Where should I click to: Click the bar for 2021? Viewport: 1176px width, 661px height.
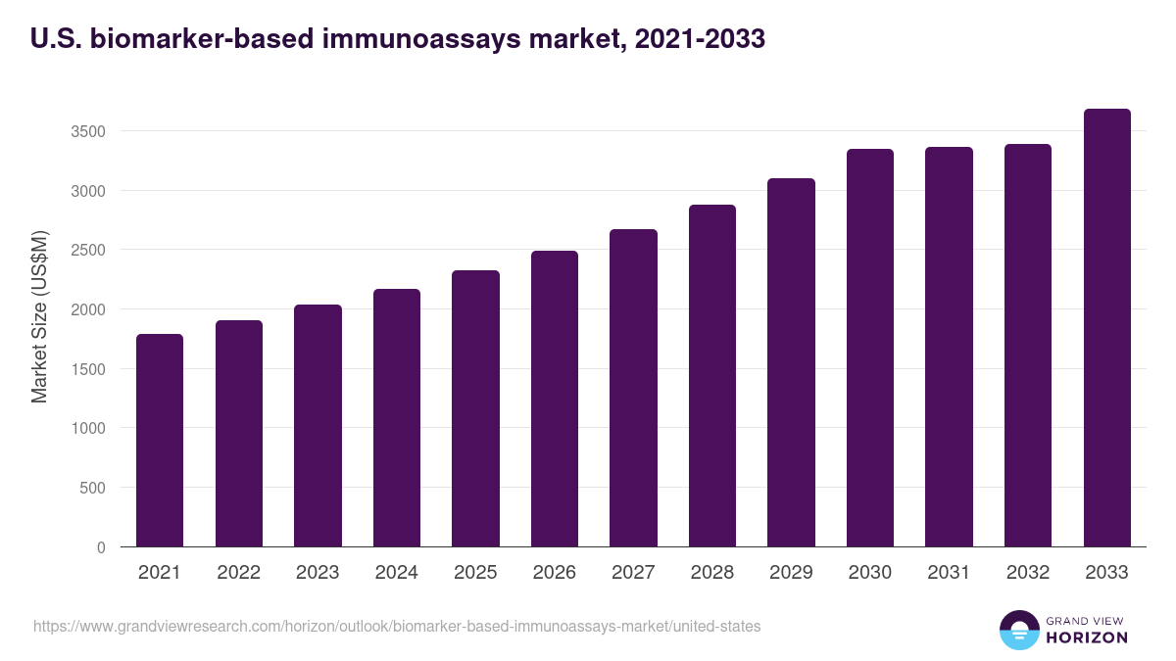[x=160, y=441]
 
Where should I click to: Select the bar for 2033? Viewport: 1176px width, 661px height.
[x=1107, y=328]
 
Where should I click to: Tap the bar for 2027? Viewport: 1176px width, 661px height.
[x=633, y=388]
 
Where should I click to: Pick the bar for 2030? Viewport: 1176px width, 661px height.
[x=870, y=348]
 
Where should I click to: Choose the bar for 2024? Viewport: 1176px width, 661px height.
[x=397, y=418]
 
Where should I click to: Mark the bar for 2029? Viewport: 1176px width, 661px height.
[x=791, y=362]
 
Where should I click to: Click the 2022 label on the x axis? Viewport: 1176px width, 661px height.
[x=238, y=573]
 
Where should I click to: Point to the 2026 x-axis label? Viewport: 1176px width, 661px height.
[x=555, y=573]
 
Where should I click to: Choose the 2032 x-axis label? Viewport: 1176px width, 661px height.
[x=1028, y=573]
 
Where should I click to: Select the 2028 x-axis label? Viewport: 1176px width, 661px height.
[x=712, y=573]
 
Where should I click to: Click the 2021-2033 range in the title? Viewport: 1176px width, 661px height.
[x=700, y=39]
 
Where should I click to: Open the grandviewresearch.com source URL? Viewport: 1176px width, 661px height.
[x=397, y=626]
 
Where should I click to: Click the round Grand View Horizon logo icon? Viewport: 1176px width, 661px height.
[x=1019, y=631]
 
